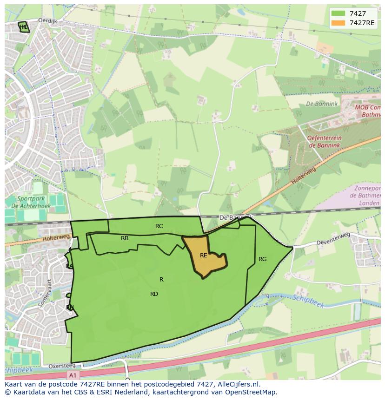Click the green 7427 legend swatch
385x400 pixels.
pos(339,14)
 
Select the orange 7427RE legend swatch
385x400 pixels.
pos(339,23)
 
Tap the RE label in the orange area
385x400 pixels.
pos(204,256)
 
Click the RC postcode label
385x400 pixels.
pos(159,226)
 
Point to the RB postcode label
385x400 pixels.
pos(125,238)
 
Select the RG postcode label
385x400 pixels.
pos(263,259)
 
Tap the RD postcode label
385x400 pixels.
pos(154,294)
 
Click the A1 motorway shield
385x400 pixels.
pos(72,374)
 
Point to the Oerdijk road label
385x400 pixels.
pos(47,20)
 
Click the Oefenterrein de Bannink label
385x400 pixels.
pos(324,142)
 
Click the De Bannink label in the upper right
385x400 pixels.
pos(322,104)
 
